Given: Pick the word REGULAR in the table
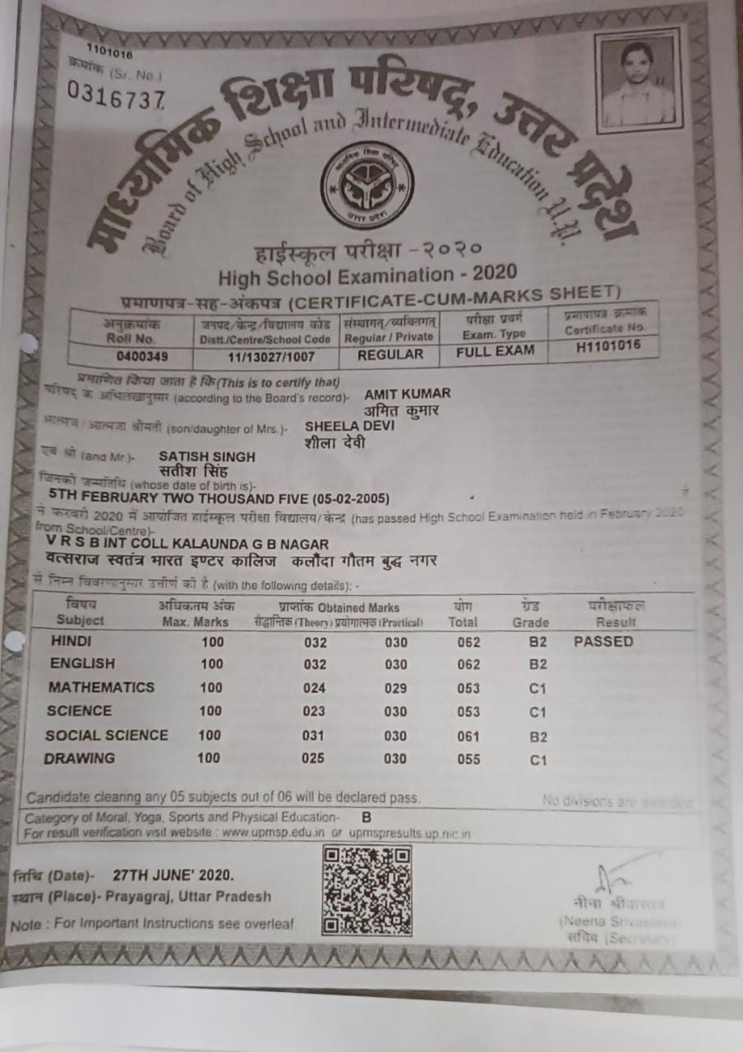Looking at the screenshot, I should point(391,354).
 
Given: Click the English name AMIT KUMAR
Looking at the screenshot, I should point(407,394).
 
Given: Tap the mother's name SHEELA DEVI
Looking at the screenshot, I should point(338,427).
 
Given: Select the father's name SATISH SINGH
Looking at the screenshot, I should point(207,456).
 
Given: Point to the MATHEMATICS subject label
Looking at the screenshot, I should point(101,687).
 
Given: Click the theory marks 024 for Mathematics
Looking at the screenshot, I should point(313,689).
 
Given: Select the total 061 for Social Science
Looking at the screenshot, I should point(468,736).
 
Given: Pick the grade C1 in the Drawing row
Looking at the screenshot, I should point(538,761).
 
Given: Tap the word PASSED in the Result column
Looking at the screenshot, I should point(603,641).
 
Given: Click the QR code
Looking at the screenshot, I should point(367,892).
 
